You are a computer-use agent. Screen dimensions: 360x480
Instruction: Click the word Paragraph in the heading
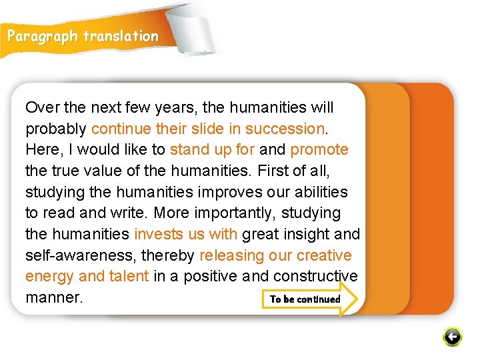(43, 37)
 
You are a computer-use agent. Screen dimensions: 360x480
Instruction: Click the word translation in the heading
(121, 37)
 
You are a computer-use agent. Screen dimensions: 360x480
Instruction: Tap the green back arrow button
(452, 337)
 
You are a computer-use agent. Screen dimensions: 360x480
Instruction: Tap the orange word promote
(319, 149)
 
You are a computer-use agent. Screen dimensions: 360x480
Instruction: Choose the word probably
(56, 129)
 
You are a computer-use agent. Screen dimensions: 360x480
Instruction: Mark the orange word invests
(157, 234)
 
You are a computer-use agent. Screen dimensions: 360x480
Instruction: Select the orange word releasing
(231, 255)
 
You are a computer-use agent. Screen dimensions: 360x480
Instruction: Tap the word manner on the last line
(54, 297)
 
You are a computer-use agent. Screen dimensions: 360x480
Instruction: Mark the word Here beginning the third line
(41, 149)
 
